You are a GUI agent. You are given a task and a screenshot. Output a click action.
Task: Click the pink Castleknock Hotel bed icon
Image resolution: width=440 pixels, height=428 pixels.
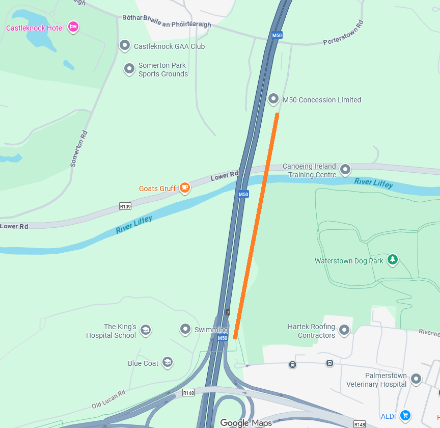tap(73, 27)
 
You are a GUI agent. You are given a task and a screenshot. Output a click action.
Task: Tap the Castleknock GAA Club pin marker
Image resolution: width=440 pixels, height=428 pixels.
tap(125, 46)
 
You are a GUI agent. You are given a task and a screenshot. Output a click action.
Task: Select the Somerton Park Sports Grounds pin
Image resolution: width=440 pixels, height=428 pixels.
tap(129, 68)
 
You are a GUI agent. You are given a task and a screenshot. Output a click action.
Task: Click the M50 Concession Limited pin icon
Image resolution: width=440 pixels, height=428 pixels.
tap(273, 99)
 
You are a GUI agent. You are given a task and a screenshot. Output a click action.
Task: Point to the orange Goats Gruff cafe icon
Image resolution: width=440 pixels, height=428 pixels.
tap(184, 188)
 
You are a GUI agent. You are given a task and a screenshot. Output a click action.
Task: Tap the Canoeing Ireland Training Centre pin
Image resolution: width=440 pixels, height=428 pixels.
tap(345, 169)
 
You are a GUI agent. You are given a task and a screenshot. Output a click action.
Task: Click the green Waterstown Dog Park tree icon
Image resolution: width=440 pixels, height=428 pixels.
tap(392, 260)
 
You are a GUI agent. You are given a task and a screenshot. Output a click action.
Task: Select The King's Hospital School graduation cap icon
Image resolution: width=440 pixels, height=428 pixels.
tap(145, 330)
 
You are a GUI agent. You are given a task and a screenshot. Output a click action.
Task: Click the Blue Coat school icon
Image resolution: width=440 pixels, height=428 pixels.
tap(167, 362)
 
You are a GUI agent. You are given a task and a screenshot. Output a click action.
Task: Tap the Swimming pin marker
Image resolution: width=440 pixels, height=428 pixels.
tap(185, 329)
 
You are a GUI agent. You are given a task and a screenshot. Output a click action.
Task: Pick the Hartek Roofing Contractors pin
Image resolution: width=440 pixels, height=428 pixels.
tap(344, 330)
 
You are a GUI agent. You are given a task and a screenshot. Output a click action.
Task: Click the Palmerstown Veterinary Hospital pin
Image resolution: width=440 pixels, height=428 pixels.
tap(416, 379)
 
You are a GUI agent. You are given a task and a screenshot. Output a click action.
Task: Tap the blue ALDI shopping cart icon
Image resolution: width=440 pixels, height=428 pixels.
tap(405, 416)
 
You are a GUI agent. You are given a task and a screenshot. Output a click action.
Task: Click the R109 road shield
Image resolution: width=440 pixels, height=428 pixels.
tap(125, 206)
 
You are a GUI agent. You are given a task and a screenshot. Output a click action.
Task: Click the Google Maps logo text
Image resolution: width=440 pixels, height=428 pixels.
tap(246, 422)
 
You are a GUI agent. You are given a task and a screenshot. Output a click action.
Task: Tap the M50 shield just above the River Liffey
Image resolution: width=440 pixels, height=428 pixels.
tap(243, 194)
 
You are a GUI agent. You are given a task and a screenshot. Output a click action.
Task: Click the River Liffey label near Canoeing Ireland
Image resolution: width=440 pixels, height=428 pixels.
tap(373, 182)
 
